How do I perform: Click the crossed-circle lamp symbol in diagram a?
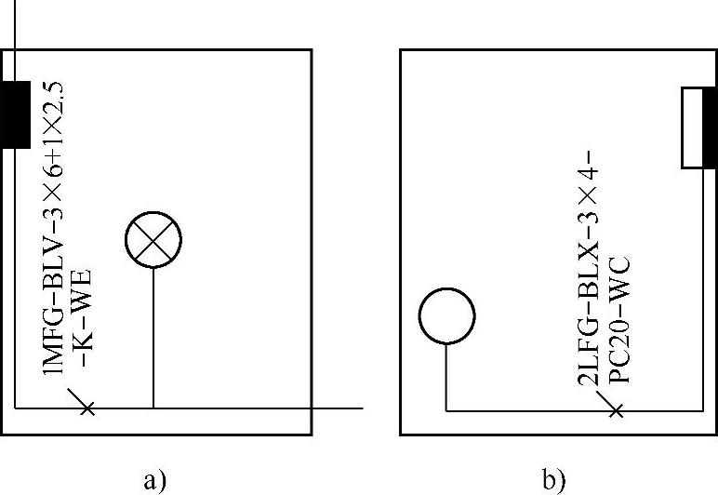[x=153, y=240]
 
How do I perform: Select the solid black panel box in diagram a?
[x=16, y=114]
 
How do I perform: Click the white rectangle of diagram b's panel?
[x=693, y=127]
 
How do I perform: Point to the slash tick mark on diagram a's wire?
[x=86, y=407]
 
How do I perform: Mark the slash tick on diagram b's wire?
[x=614, y=408]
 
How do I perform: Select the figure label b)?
[x=553, y=480]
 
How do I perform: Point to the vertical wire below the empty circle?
[x=447, y=377]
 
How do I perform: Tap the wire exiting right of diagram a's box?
[x=337, y=408]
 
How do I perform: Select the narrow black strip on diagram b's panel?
[x=710, y=127]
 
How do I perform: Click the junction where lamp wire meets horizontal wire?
[x=153, y=408]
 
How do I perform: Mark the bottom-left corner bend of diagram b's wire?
[x=447, y=408]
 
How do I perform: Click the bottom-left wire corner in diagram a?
[x=16, y=408]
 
